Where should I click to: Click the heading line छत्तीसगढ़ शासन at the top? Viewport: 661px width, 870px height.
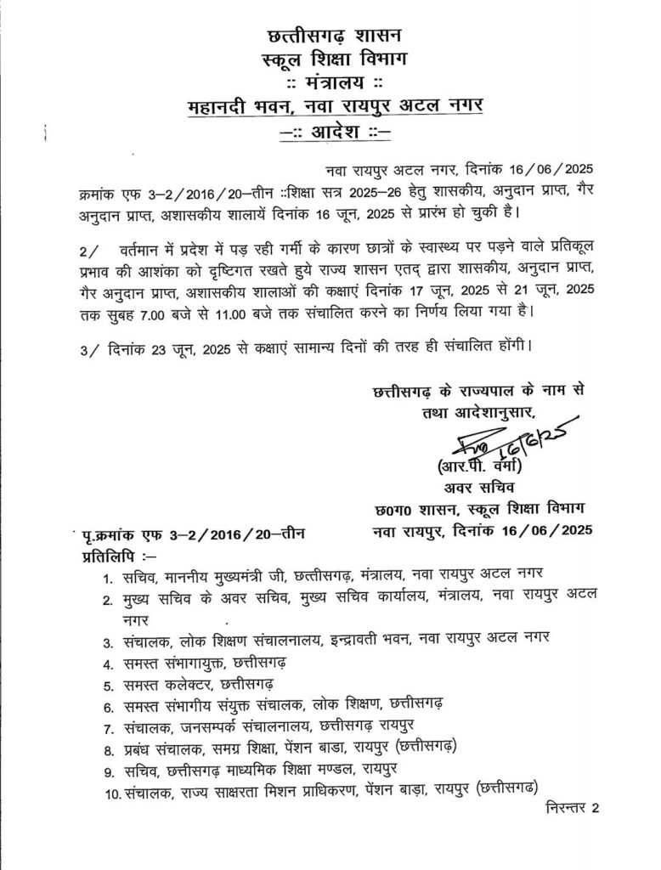[x=334, y=37]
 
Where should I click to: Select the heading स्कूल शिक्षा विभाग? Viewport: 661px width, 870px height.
[x=334, y=59]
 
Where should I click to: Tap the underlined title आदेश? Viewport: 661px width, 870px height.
[x=333, y=133]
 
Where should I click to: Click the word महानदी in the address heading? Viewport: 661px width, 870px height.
[x=223, y=107]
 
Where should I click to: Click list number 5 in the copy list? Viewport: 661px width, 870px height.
[x=108, y=684]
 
